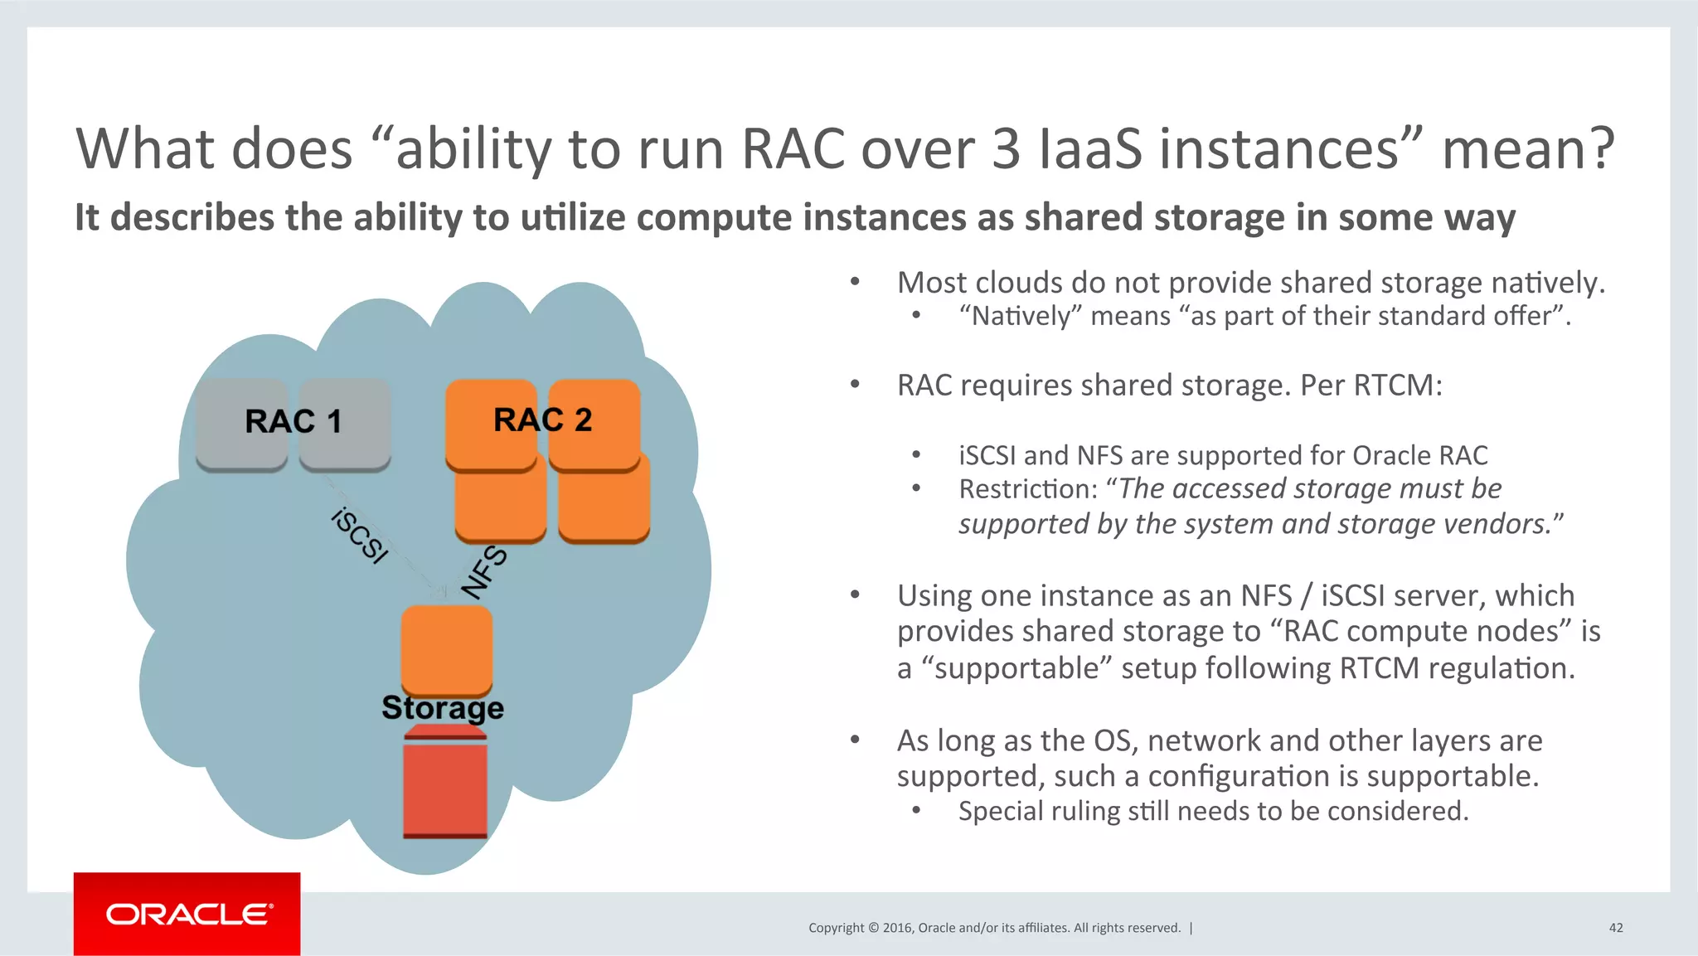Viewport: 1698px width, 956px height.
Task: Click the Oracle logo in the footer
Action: [x=188, y=914]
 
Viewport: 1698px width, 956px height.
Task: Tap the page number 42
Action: [x=1615, y=928]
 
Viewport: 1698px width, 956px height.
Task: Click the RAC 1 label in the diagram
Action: [x=293, y=421]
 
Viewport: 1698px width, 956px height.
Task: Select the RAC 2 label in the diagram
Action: [x=542, y=420]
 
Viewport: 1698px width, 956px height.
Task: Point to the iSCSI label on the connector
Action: [x=359, y=536]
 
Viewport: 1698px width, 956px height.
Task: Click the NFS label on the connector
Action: [x=484, y=571]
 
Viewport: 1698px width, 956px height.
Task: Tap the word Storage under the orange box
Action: [x=442, y=708]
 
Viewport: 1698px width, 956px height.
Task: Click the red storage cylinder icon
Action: [x=444, y=784]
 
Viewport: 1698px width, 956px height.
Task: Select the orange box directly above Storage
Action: [x=446, y=649]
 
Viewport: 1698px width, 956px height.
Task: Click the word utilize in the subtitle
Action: [x=573, y=218]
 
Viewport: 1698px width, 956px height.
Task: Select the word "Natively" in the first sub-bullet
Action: [x=1020, y=317]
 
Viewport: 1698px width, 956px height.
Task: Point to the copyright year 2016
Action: [x=897, y=928]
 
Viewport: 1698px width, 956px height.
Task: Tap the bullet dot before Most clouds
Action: [x=855, y=283]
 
